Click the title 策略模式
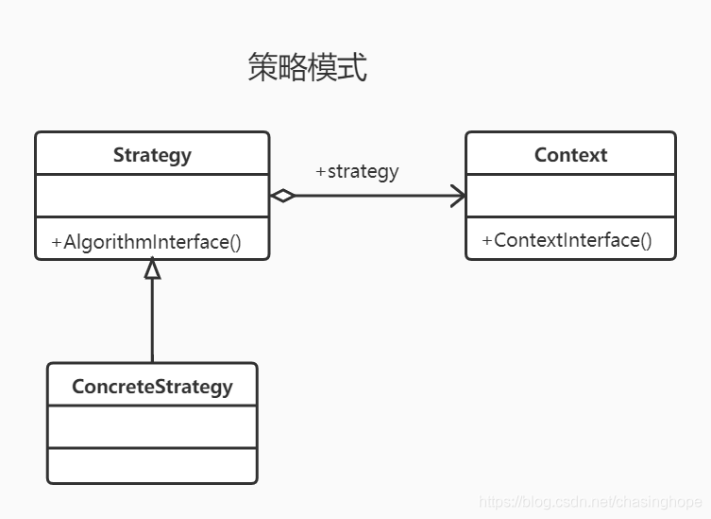click(x=307, y=68)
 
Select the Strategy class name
click(x=152, y=154)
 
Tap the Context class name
click(x=570, y=154)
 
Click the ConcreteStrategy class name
click(x=152, y=386)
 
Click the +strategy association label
click(x=357, y=172)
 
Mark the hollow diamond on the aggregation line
click(x=282, y=196)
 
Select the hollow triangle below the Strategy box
click(x=152, y=268)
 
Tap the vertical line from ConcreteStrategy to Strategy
click(x=152, y=321)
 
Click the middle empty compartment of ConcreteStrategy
click(x=152, y=426)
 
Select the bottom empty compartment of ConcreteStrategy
click(x=152, y=465)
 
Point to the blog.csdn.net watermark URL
click(x=589, y=502)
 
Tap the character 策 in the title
click(x=262, y=68)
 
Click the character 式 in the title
click(x=352, y=68)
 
